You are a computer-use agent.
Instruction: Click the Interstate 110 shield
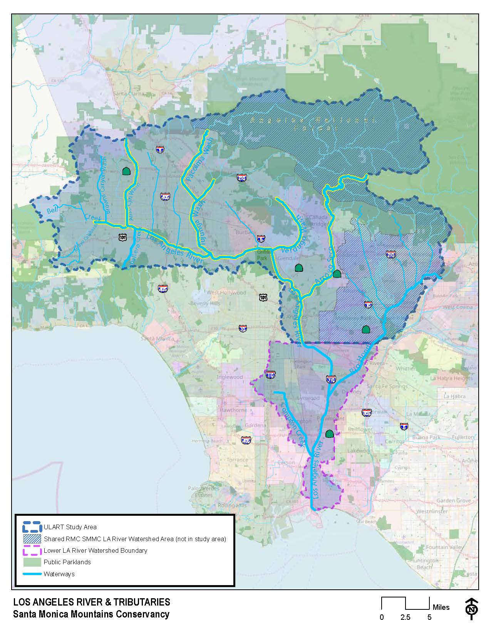270,374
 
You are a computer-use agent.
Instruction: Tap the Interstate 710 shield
331,379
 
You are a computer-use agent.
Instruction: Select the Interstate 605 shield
367,413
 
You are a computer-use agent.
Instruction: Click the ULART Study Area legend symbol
32,527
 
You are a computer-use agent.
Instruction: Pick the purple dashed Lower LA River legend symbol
32,550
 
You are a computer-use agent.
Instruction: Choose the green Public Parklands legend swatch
32,562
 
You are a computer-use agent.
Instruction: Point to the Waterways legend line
32,574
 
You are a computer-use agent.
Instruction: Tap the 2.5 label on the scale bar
405,617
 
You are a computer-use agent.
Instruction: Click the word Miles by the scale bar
441,607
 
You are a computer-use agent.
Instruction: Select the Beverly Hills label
205,303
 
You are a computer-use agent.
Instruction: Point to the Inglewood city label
230,377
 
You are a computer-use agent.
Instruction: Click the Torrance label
237,460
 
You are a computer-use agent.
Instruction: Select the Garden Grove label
453,500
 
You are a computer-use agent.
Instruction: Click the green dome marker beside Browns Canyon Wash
126,171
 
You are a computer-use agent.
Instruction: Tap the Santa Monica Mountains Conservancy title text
91,614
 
